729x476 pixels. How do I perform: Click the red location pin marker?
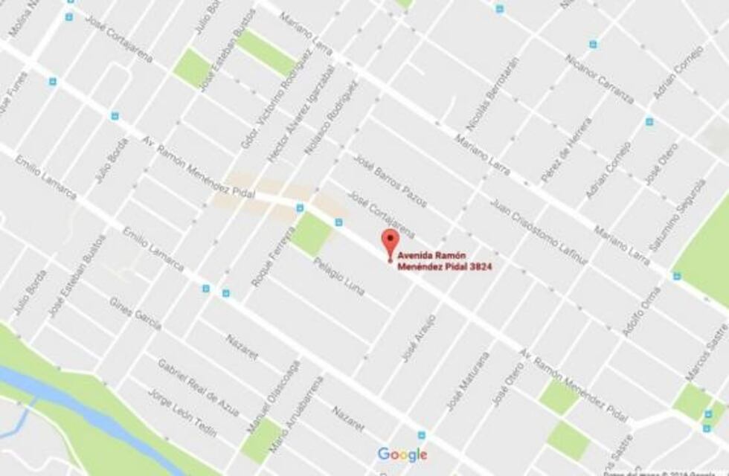[390, 242]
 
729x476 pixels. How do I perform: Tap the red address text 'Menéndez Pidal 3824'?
[445, 266]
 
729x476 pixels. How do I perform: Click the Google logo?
[402, 454]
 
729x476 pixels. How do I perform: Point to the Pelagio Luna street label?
[338, 276]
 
